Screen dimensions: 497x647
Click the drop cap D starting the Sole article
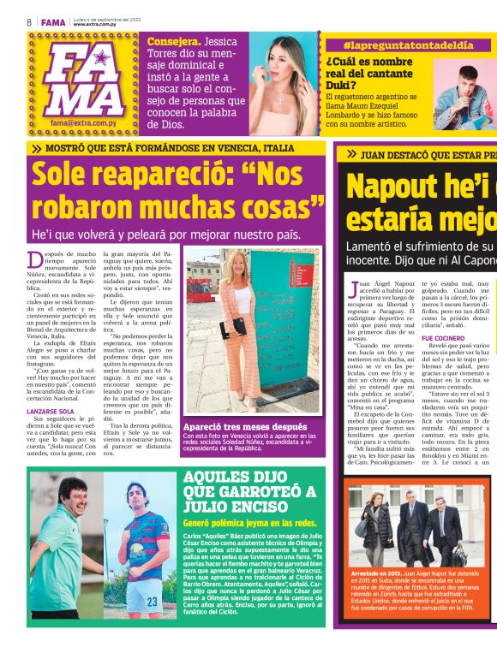tap(35, 260)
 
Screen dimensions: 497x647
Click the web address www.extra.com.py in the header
tap(95, 24)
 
